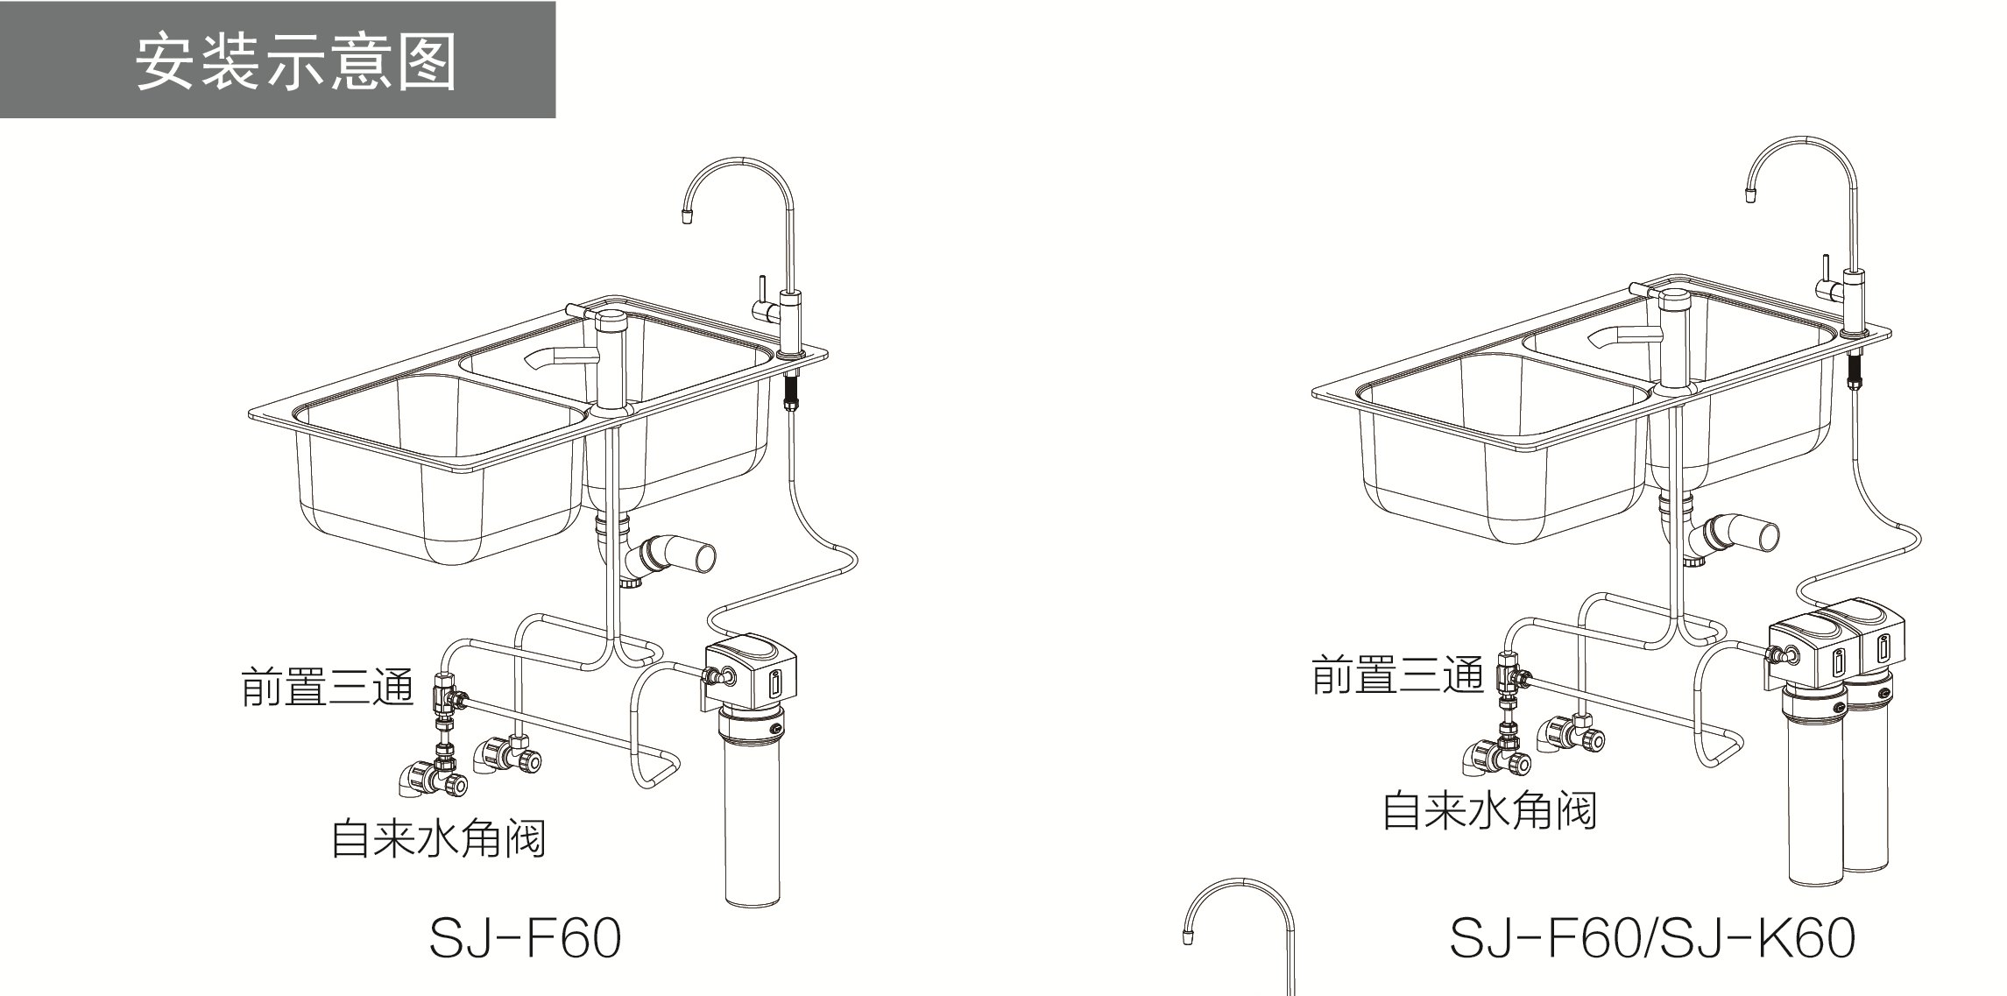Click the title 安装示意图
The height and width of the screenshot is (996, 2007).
pyautogui.click(x=296, y=62)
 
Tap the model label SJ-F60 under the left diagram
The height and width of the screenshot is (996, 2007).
pyautogui.click(x=525, y=938)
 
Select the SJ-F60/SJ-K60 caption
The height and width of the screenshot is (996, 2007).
pyautogui.click(x=1652, y=938)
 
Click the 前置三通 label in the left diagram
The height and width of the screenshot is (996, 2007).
pyautogui.click(x=328, y=688)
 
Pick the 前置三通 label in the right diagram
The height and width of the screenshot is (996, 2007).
pyautogui.click(x=1396, y=675)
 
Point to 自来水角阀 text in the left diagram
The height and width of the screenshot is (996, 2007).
pyautogui.click(x=438, y=838)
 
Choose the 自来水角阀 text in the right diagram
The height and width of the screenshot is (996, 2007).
pyautogui.click(x=1488, y=810)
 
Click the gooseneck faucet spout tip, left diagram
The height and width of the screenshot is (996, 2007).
pyautogui.click(x=686, y=215)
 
